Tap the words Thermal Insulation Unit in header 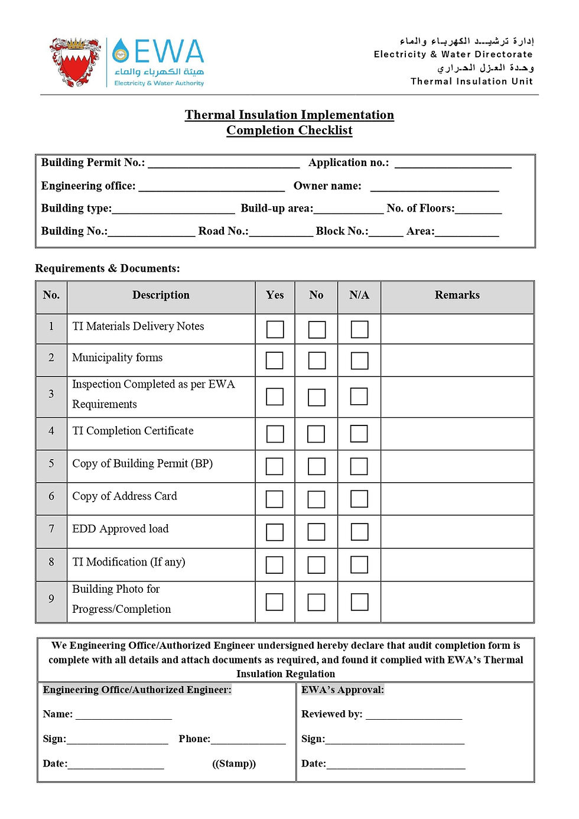click(x=471, y=82)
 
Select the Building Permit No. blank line click(x=223, y=164)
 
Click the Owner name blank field click(x=434, y=187)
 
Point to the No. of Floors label click(x=421, y=209)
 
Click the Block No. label click(x=341, y=232)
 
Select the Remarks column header click(x=457, y=295)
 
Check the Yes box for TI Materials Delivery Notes click(x=275, y=329)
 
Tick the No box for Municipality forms click(x=317, y=360)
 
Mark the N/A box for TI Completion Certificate click(x=359, y=434)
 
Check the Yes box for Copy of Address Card click(x=274, y=499)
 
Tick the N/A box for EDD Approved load click(x=359, y=532)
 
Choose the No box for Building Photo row click(x=316, y=602)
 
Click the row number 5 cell click(x=51, y=464)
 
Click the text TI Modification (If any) click(x=128, y=562)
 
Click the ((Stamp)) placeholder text click(x=234, y=764)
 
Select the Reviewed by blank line click(x=414, y=715)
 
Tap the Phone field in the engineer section click(x=248, y=740)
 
